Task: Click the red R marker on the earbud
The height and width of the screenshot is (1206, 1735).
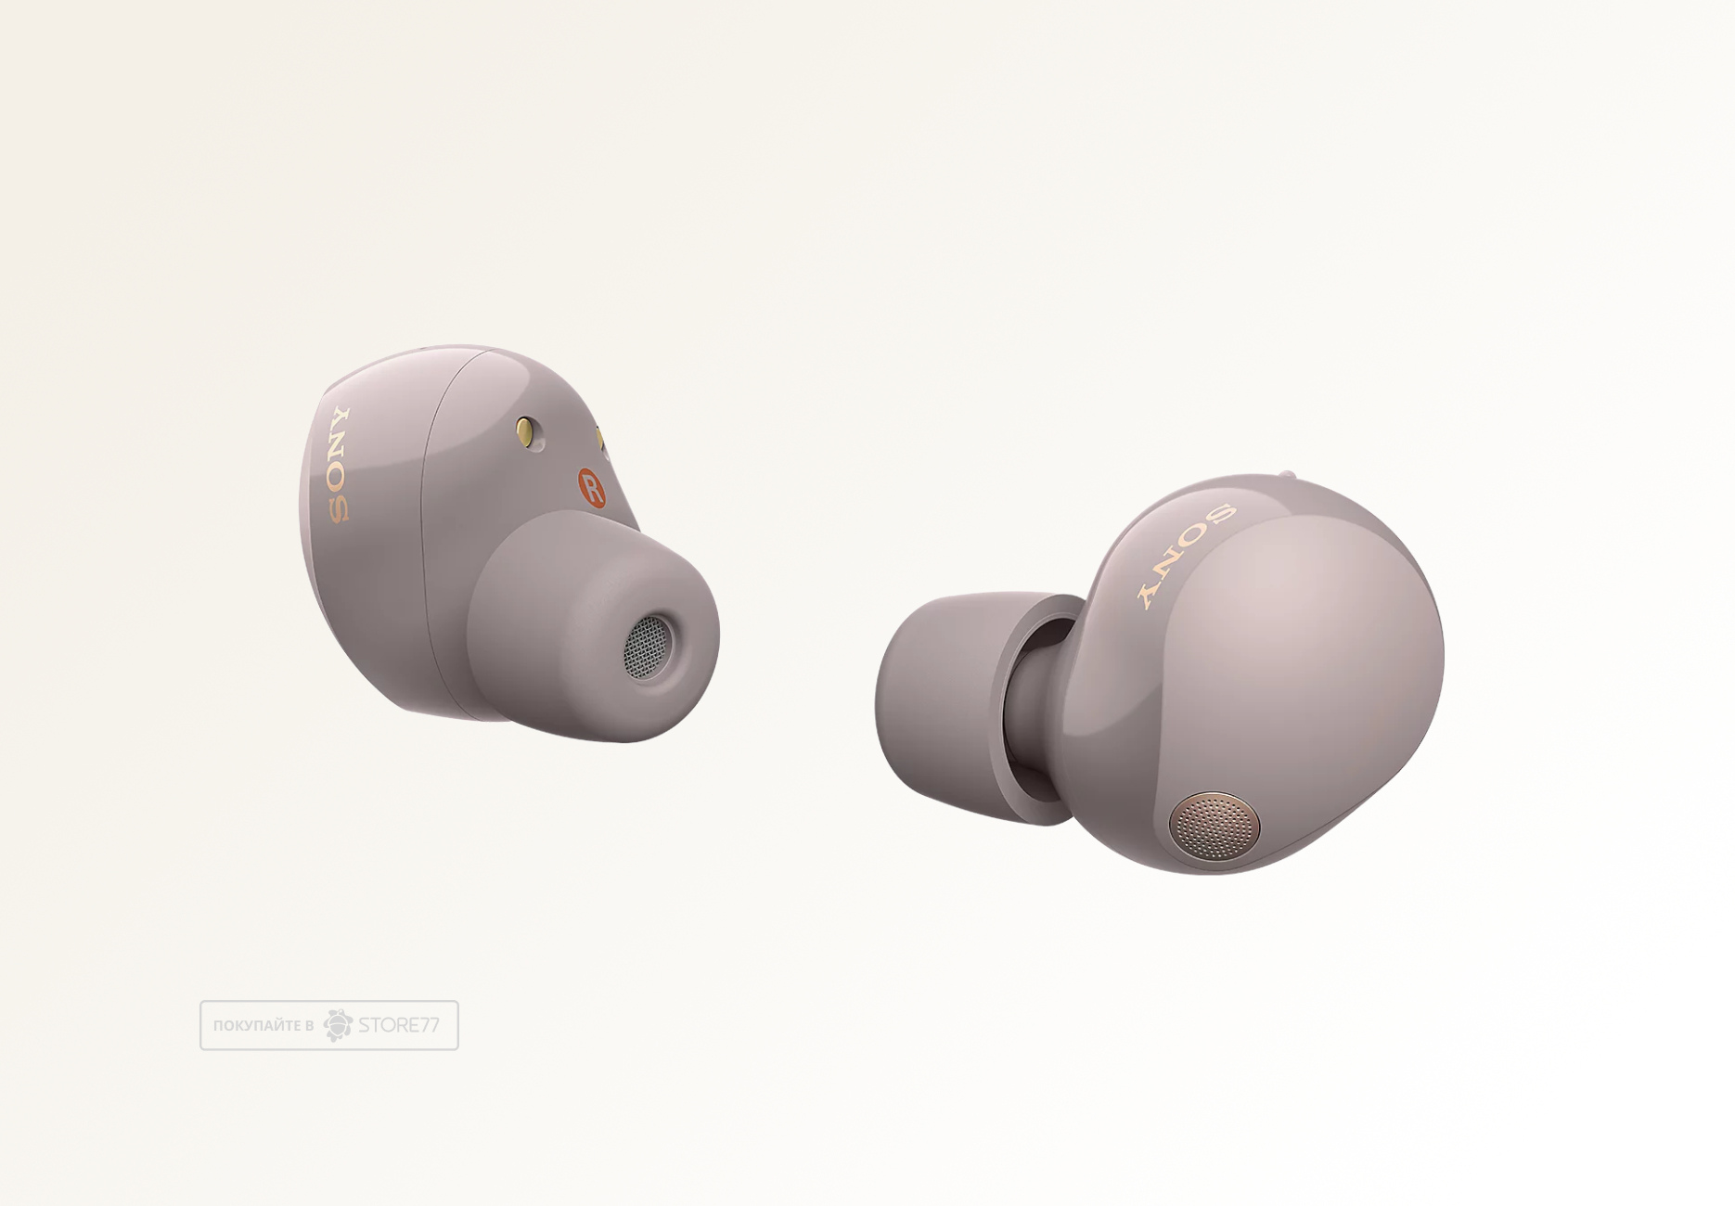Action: (591, 487)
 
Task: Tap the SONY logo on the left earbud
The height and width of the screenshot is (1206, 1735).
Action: (339, 465)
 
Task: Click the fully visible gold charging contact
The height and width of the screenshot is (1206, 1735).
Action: (528, 432)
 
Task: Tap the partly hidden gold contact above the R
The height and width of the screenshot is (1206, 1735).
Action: (600, 439)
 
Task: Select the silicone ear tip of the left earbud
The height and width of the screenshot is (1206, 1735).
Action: (593, 626)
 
